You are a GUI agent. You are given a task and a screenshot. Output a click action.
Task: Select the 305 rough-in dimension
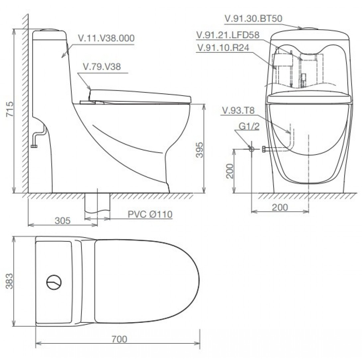click(62, 221)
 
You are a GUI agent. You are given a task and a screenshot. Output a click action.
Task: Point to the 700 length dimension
click(119, 339)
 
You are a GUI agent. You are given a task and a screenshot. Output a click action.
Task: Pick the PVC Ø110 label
click(150, 215)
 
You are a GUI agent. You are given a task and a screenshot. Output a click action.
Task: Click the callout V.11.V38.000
click(106, 38)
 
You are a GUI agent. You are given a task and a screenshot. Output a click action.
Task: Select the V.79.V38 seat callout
click(102, 67)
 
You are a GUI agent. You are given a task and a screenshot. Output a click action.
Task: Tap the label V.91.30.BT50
click(253, 19)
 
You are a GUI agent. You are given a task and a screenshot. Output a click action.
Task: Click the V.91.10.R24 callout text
click(223, 47)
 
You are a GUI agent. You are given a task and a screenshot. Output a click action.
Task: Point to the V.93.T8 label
click(238, 111)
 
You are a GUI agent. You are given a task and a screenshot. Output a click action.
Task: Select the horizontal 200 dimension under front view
click(280, 208)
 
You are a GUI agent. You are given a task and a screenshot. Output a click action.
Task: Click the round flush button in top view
click(54, 282)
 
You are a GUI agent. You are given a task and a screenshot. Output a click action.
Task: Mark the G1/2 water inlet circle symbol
click(251, 149)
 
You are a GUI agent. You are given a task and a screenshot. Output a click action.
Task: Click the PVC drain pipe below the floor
click(97, 203)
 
